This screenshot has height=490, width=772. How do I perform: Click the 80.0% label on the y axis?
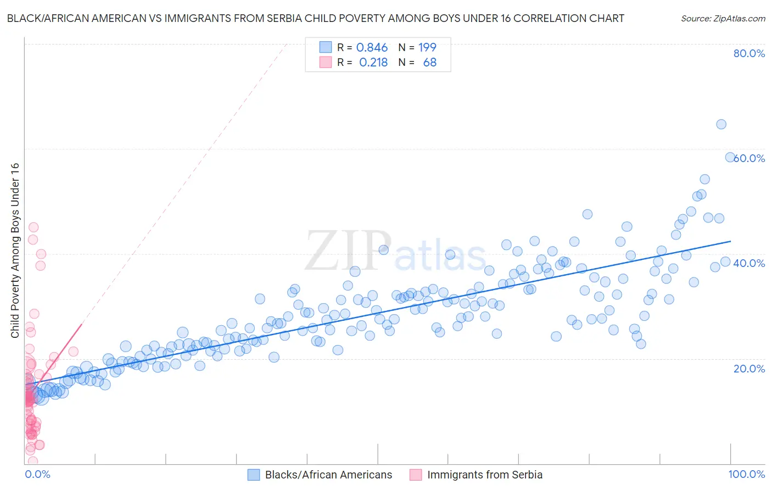749,53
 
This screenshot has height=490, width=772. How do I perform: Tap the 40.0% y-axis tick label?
749,263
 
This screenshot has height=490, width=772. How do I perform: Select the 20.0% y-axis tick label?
749,368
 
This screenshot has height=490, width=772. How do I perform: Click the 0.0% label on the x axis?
37,474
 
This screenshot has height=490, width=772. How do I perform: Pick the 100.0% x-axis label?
746,474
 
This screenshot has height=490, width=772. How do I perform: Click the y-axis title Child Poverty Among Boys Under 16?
15,250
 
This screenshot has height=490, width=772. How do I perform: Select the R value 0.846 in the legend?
372,48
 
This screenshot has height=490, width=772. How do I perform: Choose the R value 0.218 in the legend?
373,63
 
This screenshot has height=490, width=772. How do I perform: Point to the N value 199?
427,48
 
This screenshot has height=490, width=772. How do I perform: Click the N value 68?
429,63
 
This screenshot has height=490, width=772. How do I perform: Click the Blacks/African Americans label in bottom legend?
328,475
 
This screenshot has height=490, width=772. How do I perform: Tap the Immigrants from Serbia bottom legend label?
484,475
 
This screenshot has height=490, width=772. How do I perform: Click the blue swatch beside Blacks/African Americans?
253,475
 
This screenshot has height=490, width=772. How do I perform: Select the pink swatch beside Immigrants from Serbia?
416,475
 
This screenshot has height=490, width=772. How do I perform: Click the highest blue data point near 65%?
721,124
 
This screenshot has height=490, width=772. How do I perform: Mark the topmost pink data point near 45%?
33,227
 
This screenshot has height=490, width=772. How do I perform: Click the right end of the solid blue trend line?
730,241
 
